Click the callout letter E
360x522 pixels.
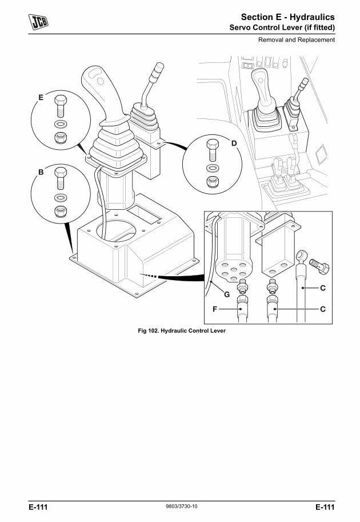pyautogui.click(x=41, y=98)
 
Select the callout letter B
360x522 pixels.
pyautogui.click(x=41, y=172)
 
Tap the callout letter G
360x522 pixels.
pyautogui.click(x=226, y=295)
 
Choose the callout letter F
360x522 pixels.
pyautogui.click(x=215, y=309)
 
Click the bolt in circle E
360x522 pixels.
pyautogui.click(x=60, y=107)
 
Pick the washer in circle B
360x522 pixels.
pyautogui.click(x=60, y=198)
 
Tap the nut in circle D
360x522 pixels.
pyautogui.click(x=212, y=182)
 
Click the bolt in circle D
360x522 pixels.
pyautogui.click(x=212, y=150)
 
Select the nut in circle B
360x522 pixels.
pyautogui.click(x=60, y=212)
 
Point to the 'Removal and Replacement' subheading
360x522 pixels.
pyautogui.click(x=296, y=40)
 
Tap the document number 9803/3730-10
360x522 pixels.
pyautogui.click(x=180, y=506)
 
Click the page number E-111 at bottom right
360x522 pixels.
pyautogui.click(x=324, y=507)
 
